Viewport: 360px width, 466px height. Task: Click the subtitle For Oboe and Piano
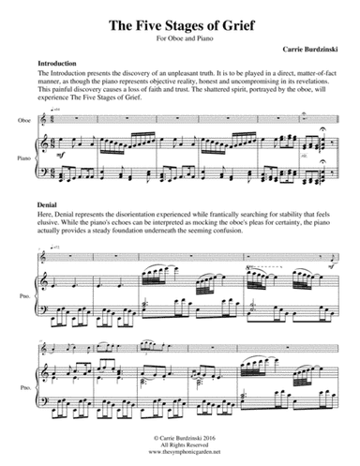click(x=179, y=39)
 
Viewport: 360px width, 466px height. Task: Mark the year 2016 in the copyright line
click(x=215, y=438)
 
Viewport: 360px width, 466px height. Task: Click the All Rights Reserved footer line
click(x=180, y=444)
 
